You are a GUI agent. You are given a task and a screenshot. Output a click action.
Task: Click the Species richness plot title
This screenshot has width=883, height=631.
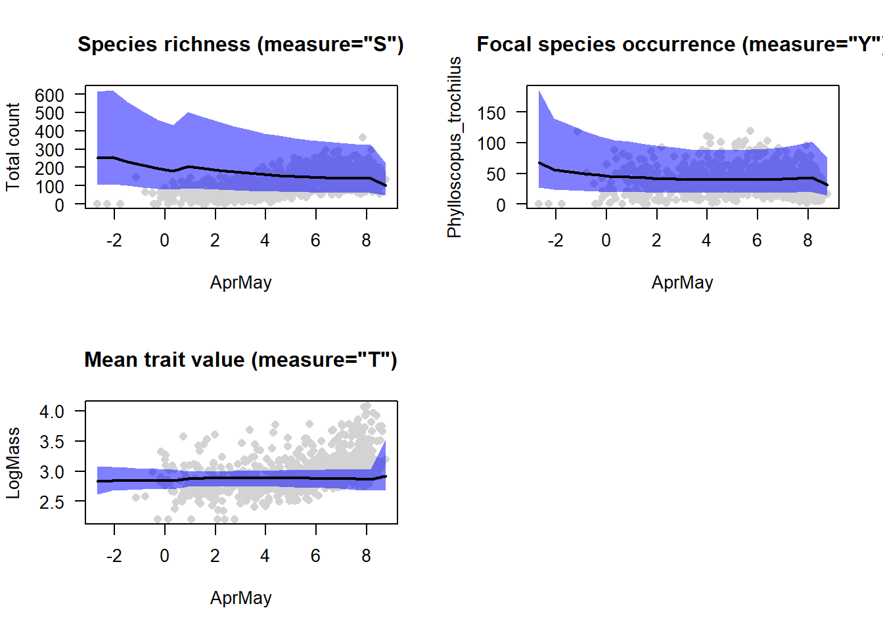point(240,44)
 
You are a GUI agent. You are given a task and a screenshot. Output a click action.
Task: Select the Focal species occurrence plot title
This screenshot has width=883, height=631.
point(679,44)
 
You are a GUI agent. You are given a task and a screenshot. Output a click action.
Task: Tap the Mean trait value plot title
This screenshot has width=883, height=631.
point(240,360)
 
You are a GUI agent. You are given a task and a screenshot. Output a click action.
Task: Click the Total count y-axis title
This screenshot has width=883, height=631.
point(13,147)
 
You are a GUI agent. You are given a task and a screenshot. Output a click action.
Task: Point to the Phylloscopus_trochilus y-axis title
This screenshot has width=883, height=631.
point(455,147)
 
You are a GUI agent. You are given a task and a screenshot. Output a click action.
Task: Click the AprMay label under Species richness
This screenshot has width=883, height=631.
point(240,282)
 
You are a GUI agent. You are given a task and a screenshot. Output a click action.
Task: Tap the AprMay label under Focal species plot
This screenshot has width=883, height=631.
point(682,282)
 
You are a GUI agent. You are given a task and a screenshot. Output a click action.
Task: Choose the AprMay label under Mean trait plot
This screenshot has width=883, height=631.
point(240,597)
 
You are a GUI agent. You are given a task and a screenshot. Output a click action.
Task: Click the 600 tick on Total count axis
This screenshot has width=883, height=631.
point(49,95)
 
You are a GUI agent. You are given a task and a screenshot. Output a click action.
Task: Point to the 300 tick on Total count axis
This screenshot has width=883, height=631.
point(49,150)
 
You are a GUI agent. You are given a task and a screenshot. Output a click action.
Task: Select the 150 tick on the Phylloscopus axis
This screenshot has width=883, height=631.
point(491,113)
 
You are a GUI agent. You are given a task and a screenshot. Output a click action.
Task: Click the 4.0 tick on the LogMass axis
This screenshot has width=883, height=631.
point(52,411)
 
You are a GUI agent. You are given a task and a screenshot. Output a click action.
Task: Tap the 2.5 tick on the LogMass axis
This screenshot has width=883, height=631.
point(52,502)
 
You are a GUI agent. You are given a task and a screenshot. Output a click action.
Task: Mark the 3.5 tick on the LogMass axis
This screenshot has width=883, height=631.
point(52,442)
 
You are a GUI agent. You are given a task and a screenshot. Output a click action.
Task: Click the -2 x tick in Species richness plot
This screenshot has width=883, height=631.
point(114,241)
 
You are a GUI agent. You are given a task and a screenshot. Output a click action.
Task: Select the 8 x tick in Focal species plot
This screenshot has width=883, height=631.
point(807,241)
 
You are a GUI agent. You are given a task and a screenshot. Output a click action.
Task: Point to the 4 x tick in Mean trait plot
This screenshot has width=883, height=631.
point(265,556)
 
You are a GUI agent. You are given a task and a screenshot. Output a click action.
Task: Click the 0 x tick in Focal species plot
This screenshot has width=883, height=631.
point(606,241)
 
